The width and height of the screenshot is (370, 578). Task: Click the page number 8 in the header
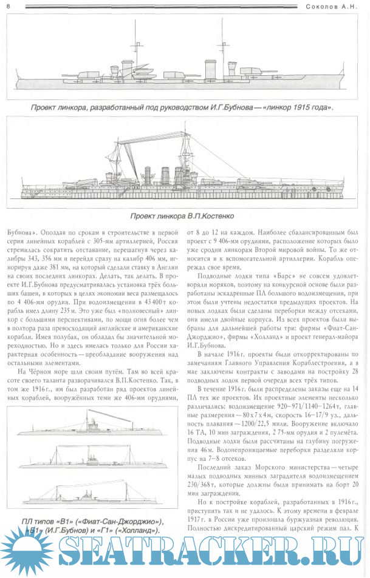7,5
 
